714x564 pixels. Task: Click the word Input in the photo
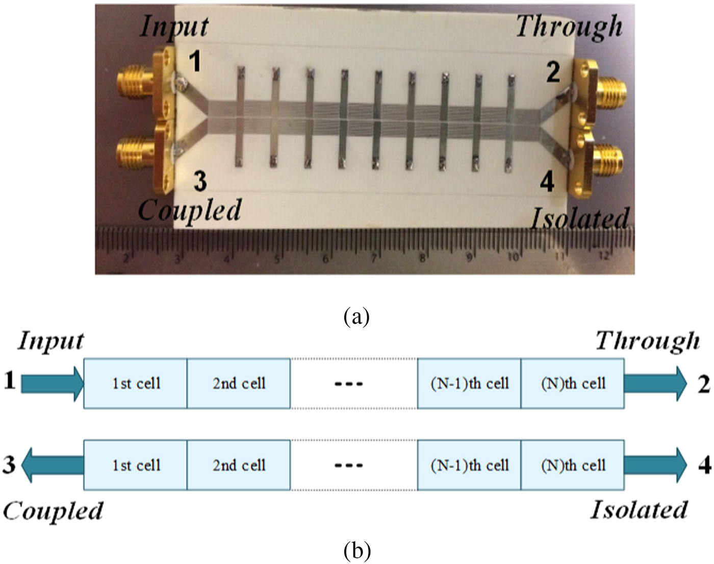[174, 26]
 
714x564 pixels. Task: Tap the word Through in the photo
[569, 26]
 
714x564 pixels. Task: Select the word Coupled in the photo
[190, 210]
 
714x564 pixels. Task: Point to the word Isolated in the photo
[580, 218]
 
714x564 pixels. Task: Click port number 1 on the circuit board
[195, 63]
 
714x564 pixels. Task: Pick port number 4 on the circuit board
[547, 182]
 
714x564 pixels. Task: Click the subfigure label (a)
[356, 316]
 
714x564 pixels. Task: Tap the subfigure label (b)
[356, 551]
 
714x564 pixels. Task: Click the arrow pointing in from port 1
[53, 383]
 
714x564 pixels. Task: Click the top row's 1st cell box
[136, 383]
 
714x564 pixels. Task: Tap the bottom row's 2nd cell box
[239, 465]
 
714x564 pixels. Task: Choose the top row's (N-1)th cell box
[469, 383]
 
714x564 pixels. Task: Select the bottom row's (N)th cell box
[573, 465]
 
